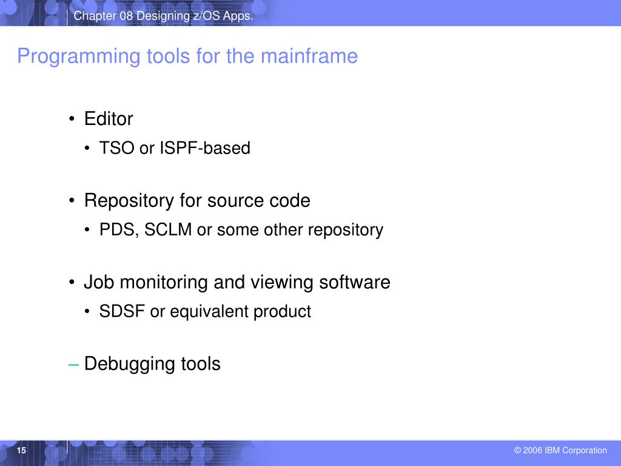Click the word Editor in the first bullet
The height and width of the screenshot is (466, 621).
click(x=109, y=119)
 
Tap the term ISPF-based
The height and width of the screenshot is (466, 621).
click(x=205, y=148)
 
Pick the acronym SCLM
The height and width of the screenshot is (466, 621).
click(x=168, y=230)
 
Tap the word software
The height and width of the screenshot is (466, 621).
click(x=355, y=282)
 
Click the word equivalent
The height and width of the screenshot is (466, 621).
click(x=209, y=312)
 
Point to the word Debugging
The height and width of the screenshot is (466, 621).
click(x=130, y=365)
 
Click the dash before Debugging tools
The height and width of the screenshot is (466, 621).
click(x=74, y=364)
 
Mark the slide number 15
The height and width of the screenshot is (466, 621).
click(x=22, y=450)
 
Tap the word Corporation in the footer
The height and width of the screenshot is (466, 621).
click(x=584, y=450)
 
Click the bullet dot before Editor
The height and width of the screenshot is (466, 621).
click(x=73, y=120)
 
